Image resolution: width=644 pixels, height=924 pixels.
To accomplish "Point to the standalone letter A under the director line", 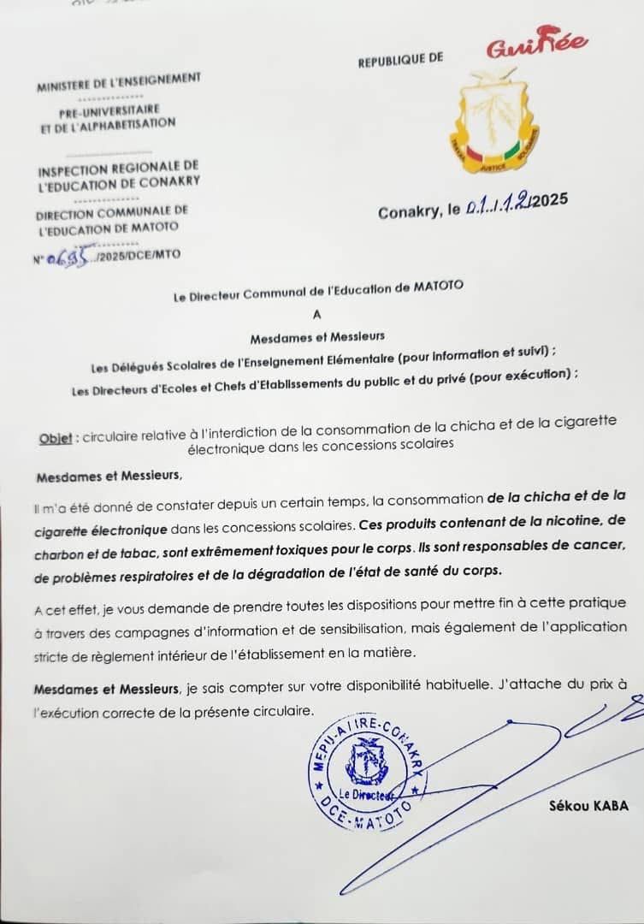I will [318, 313].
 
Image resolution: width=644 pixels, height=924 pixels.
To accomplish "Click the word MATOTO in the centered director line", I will [437, 287].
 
